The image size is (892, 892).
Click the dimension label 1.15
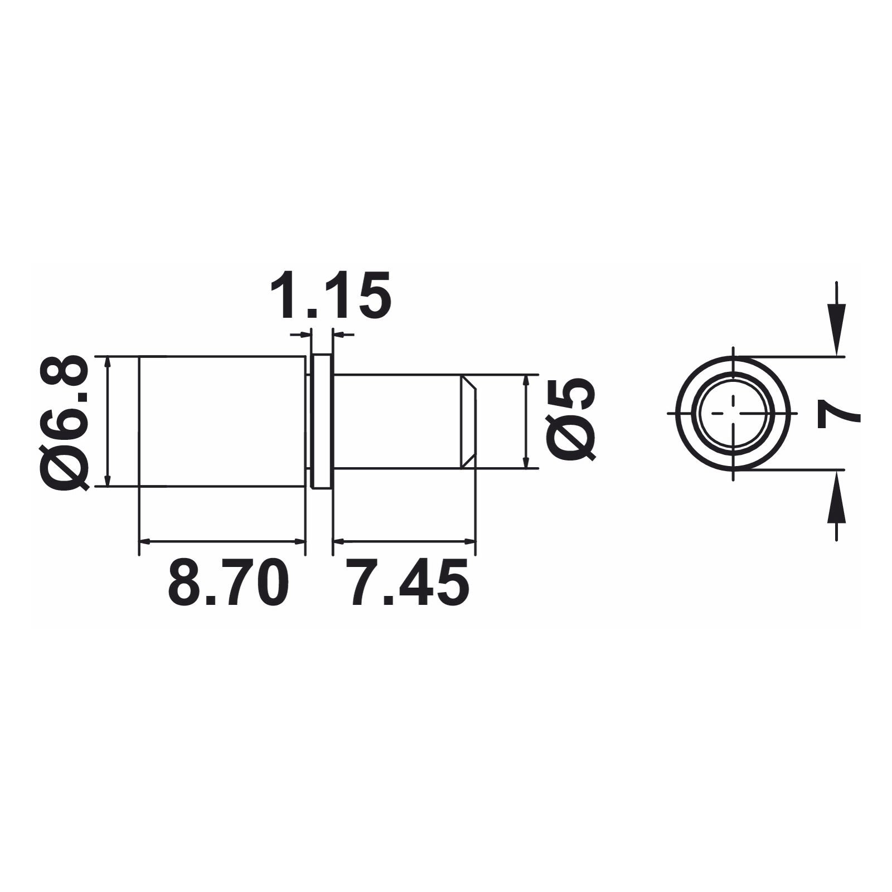[x=331, y=295]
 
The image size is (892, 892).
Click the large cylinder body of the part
[x=222, y=421]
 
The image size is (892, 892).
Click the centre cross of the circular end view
[x=733, y=413]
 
